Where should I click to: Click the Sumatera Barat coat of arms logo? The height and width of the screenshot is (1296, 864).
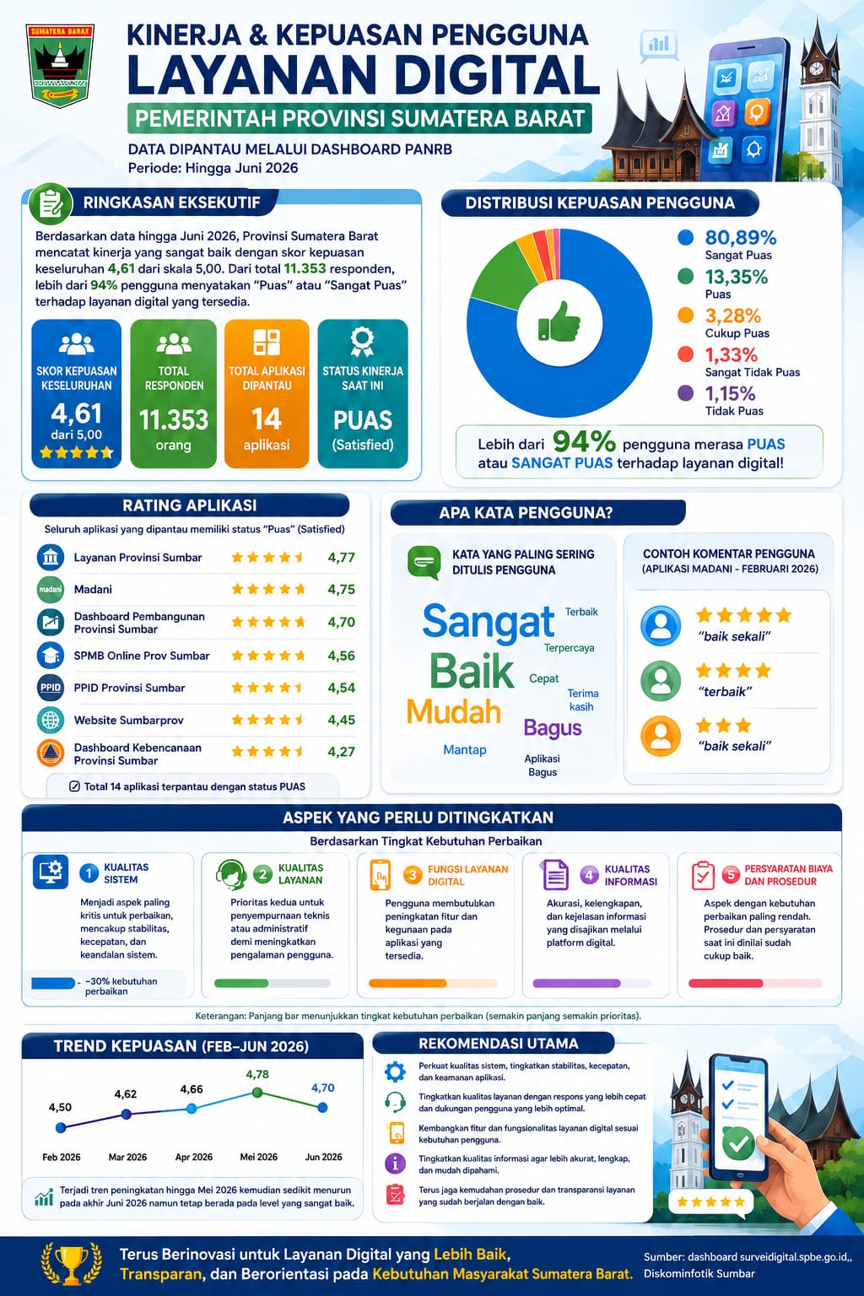point(60,65)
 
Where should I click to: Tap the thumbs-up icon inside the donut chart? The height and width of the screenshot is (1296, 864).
point(559,321)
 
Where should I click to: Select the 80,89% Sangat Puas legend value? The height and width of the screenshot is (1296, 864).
point(740,237)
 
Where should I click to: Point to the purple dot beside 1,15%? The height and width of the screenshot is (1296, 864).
point(685,393)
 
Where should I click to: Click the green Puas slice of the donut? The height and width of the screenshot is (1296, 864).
point(499,270)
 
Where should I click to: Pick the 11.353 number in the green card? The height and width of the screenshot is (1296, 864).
point(174,419)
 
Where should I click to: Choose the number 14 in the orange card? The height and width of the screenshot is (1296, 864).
point(266,418)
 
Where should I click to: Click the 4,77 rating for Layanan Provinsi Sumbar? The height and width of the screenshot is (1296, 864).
point(341,557)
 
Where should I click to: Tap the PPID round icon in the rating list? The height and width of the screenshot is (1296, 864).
point(51,688)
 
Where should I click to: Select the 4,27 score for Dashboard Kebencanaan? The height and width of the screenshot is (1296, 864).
point(341,752)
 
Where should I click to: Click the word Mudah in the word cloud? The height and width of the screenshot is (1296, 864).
point(453,711)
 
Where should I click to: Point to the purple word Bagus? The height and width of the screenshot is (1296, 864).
point(552,728)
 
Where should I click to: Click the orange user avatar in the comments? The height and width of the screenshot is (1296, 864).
point(661,736)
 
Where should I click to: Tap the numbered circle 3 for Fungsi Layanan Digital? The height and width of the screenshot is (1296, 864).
point(413,875)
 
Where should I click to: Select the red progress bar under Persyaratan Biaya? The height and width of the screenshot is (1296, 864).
point(726,983)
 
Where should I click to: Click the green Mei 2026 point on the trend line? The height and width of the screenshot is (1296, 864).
point(257,1093)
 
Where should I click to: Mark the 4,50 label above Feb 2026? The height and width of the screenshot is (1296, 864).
point(60,1107)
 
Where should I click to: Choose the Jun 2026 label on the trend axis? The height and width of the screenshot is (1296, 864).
point(323,1157)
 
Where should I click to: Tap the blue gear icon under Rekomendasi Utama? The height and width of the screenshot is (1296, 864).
point(395,1072)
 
